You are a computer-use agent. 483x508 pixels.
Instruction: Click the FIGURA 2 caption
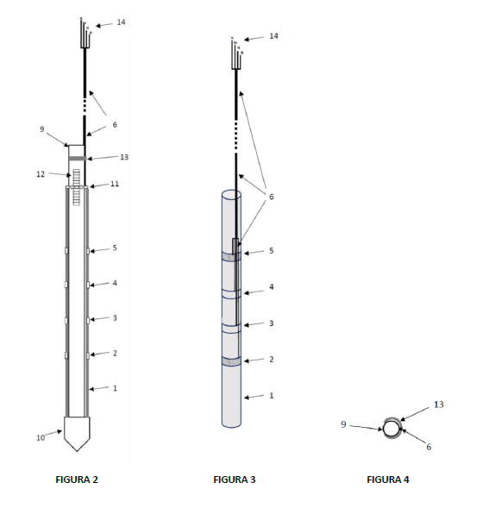pos(77,480)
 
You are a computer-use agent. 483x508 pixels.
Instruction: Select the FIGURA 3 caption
pos(235,480)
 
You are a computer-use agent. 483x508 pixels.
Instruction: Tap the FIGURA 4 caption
pos(388,480)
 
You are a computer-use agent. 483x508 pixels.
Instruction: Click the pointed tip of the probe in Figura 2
pos(77,451)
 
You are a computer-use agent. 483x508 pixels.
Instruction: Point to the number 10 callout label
pos(41,437)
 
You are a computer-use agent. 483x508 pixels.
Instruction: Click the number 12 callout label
pos(41,174)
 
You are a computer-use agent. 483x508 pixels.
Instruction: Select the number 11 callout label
pos(115,184)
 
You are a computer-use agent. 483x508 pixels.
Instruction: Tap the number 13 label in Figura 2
pos(124,157)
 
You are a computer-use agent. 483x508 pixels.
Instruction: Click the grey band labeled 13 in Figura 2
pos(77,159)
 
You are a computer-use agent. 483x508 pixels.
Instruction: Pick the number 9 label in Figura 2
pos(41,129)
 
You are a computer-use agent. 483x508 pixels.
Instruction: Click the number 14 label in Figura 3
pos(273,36)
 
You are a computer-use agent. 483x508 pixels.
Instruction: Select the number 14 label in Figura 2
pos(121,22)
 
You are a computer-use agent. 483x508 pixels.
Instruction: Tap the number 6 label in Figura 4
pos(429,447)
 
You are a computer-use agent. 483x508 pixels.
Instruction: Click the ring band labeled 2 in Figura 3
pos(231,361)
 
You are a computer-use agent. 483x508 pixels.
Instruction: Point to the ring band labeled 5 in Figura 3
pos(231,257)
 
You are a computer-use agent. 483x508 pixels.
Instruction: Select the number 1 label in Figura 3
pos(272,396)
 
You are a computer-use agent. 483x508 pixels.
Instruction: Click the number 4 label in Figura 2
pos(115,283)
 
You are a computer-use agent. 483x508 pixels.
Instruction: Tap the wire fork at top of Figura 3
pos(237,53)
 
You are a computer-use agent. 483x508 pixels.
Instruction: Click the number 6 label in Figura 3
pos(272,197)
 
